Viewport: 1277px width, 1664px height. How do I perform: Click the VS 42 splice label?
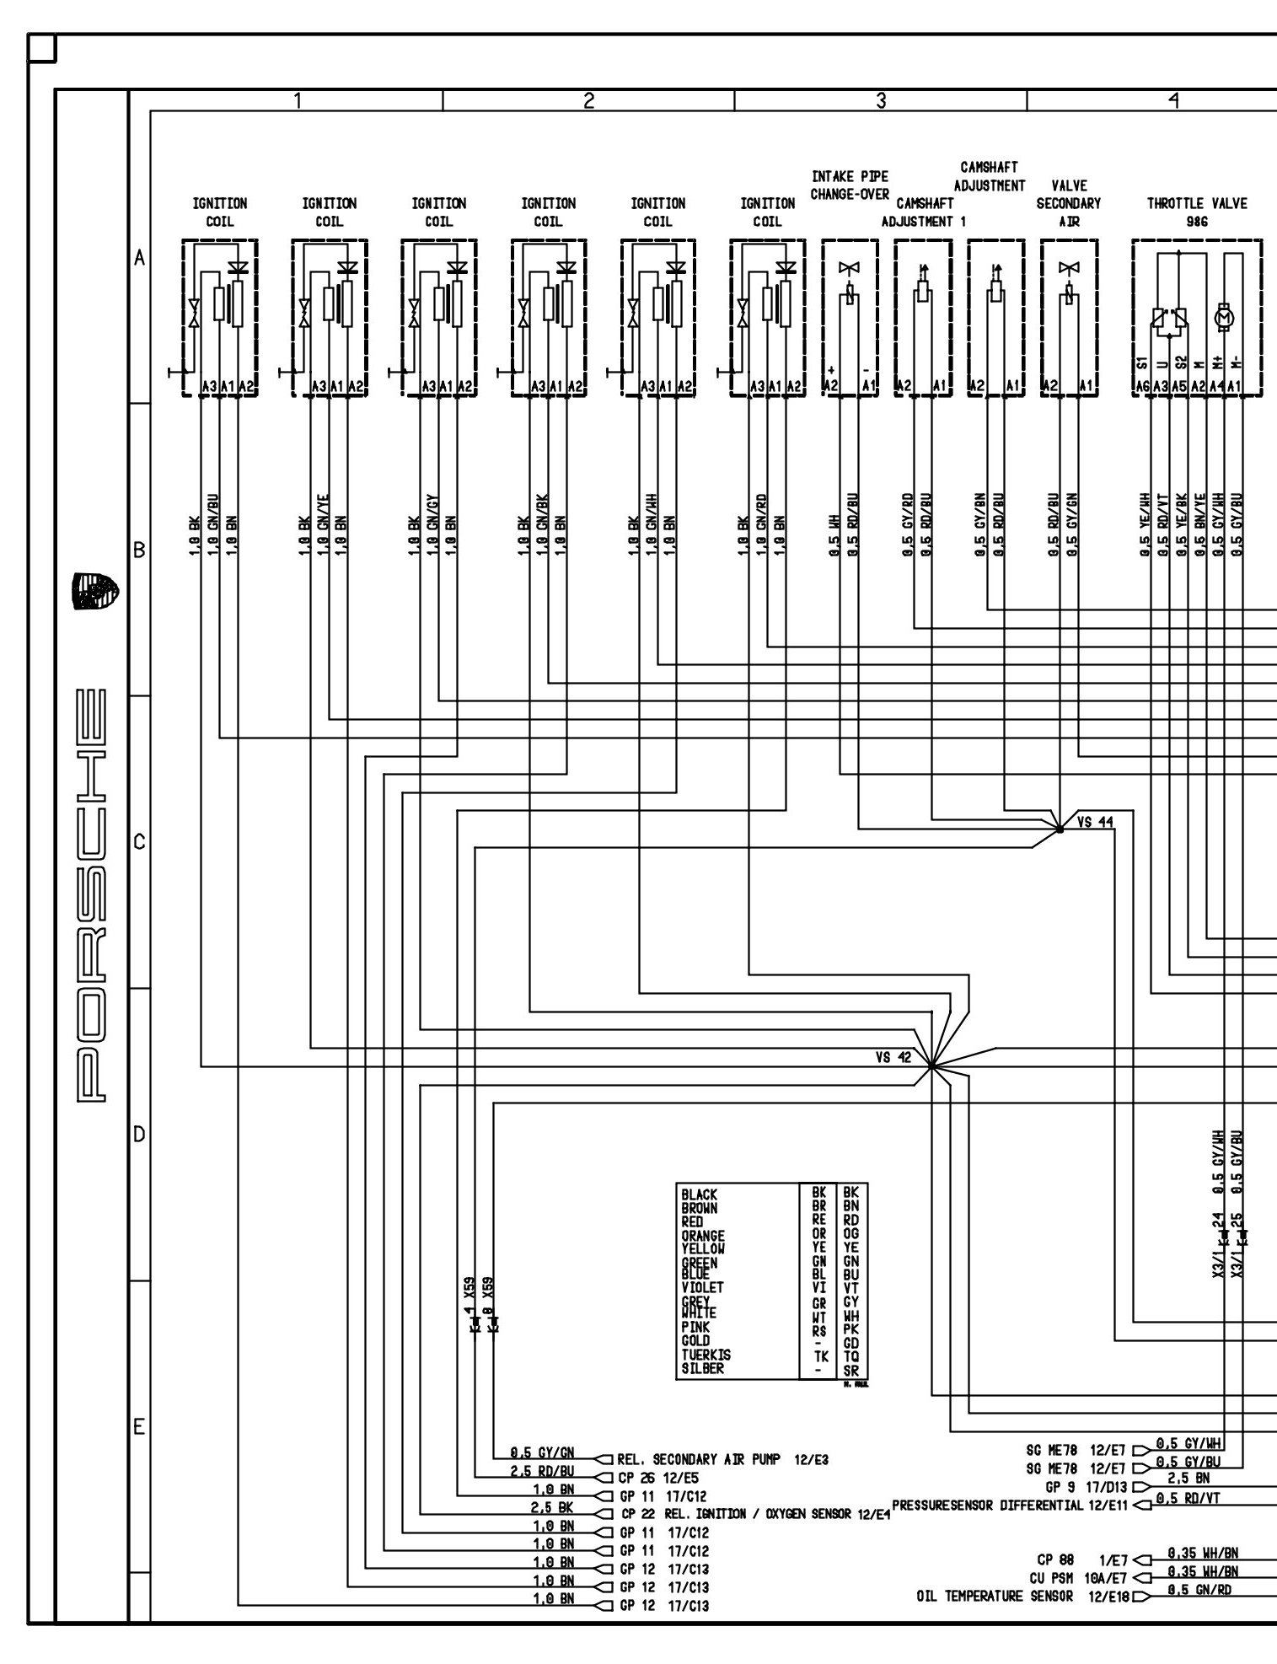[893, 1057]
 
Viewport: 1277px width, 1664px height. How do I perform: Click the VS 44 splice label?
[1095, 822]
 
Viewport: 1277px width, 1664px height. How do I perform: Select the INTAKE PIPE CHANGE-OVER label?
[850, 185]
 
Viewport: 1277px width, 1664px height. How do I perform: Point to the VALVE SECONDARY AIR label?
[1069, 203]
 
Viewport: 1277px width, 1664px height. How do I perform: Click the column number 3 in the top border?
[881, 101]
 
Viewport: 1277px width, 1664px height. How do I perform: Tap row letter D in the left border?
[139, 1134]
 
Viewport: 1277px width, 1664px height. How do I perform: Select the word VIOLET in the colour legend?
[702, 1287]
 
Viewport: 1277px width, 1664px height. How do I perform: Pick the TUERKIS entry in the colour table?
[706, 1355]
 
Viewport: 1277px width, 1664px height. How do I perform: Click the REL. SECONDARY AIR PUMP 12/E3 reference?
[722, 1459]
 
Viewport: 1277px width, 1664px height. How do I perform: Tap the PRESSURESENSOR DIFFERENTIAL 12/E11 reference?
[1009, 1505]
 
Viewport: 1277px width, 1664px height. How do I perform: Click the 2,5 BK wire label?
[552, 1506]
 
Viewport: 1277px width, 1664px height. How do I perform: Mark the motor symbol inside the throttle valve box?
[1225, 317]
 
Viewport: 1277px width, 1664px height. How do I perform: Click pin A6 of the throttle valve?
[1141, 387]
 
